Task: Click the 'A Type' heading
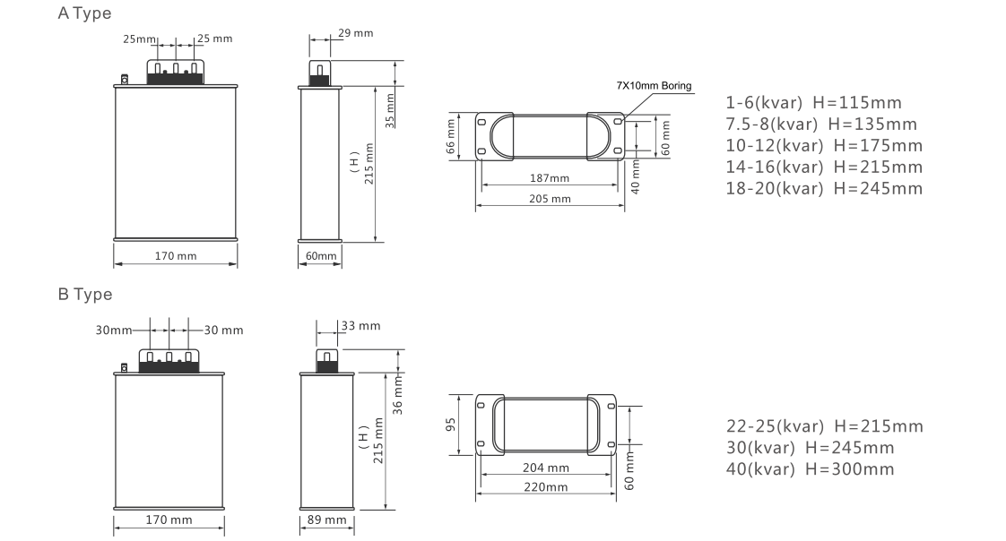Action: point(84,13)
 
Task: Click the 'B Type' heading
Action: point(84,294)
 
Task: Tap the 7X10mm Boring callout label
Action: point(654,85)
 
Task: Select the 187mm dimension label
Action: point(550,178)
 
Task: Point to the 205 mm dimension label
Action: point(550,199)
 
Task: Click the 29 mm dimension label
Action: point(355,32)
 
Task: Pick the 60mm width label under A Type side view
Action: point(321,256)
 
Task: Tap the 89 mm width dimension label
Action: point(326,520)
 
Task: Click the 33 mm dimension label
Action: point(360,326)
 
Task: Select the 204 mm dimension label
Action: point(546,468)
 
